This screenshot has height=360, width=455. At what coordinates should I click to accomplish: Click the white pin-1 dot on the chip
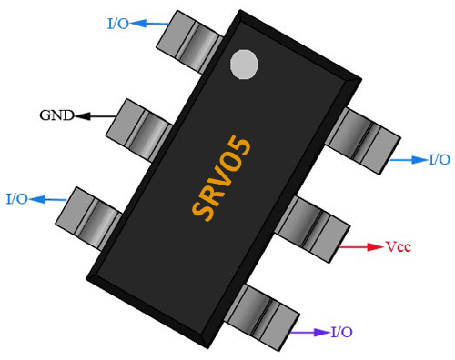pos(244,64)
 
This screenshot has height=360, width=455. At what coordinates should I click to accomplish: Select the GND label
pos(56,115)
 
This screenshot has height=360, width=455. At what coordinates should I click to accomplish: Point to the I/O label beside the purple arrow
pos(343,332)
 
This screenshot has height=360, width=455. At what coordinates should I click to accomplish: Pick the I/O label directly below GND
pos(16,198)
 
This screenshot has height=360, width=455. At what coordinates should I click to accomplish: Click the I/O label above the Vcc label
pos(439,159)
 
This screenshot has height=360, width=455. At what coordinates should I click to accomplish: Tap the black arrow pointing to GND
pos(96,116)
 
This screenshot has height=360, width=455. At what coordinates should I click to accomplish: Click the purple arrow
pos(308,333)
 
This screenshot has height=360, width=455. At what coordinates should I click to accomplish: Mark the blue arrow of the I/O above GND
pos(151,24)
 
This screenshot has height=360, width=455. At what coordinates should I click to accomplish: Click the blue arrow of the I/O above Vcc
pos(407,160)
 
